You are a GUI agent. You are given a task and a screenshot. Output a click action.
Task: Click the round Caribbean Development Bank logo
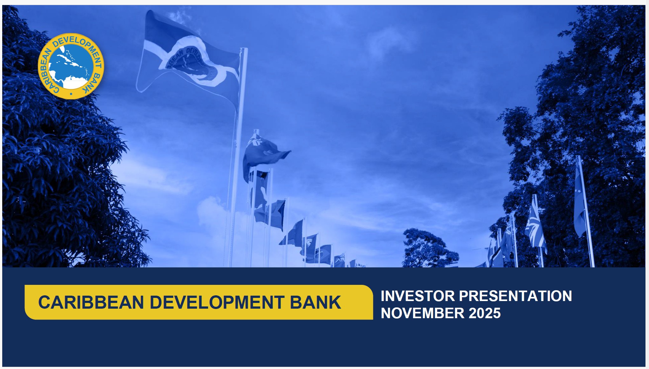[71, 66]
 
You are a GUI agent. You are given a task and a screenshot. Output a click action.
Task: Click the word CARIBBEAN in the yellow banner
[91, 302]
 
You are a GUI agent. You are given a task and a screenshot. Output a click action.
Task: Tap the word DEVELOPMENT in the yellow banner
[217, 302]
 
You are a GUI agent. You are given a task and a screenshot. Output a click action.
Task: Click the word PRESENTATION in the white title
[515, 296]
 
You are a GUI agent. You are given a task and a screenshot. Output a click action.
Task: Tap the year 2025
[485, 313]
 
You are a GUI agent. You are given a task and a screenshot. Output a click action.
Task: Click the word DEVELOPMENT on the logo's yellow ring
[76, 43]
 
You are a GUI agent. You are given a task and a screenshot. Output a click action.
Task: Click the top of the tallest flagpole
[244, 50]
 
